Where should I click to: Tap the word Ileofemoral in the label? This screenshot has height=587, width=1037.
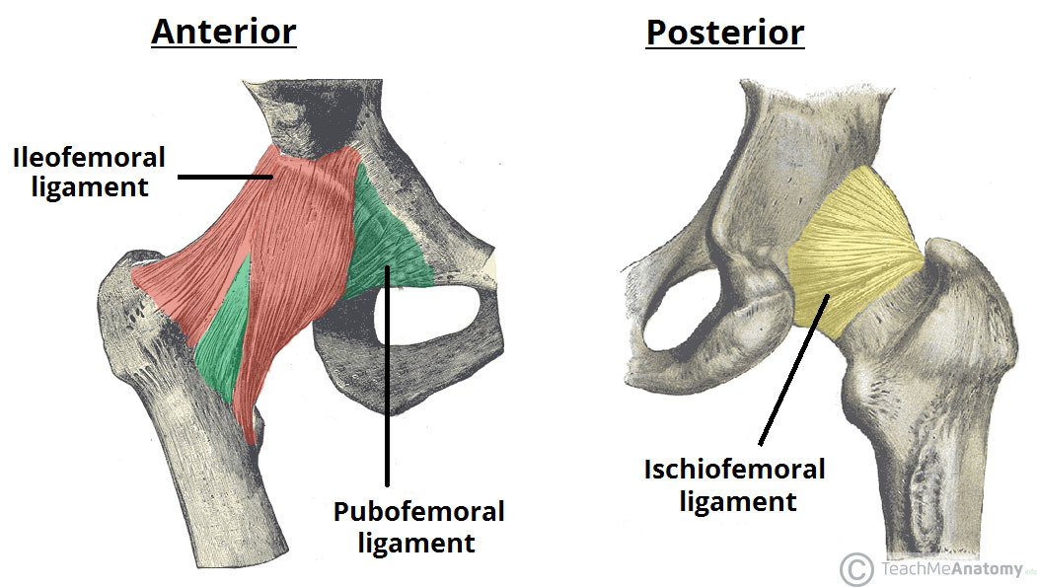click(x=90, y=157)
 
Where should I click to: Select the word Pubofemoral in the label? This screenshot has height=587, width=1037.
click(x=418, y=512)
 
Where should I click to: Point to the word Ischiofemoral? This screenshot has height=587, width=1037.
click(x=734, y=470)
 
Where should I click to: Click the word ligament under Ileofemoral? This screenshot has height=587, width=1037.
click(x=90, y=186)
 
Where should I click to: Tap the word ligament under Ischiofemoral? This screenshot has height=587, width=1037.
click(x=734, y=500)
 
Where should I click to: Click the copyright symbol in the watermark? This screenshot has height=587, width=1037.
click(x=854, y=568)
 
